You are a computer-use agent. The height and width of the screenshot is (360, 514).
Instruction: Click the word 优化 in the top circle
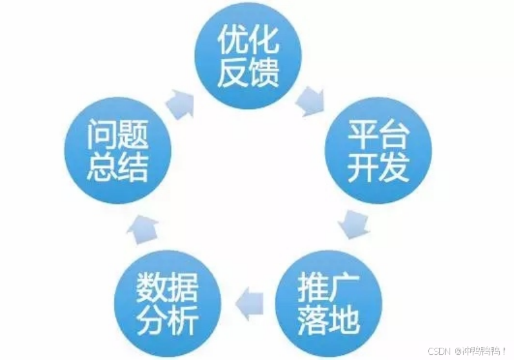tap(248, 41)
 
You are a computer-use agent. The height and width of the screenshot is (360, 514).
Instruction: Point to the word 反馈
tap(248, 72)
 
